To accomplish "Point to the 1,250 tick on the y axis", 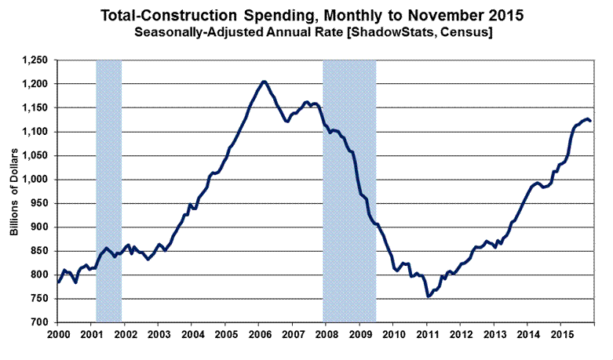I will (x=37, y=60).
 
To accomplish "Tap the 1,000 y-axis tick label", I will (x=37, y=180).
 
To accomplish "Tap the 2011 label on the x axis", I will (x=426, y=334).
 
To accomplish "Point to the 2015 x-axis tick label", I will (x=560, y=334).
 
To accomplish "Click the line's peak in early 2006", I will (x=264, y=81).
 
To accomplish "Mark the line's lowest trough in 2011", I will (x=428, y=296).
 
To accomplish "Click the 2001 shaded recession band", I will (x=108, y=188).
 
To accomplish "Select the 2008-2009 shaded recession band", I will (x=349, y=188).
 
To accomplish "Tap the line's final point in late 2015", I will (x=591, y=121).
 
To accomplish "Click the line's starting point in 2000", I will (x=58, y=282).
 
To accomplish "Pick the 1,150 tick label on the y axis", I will (x=37, y=108).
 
